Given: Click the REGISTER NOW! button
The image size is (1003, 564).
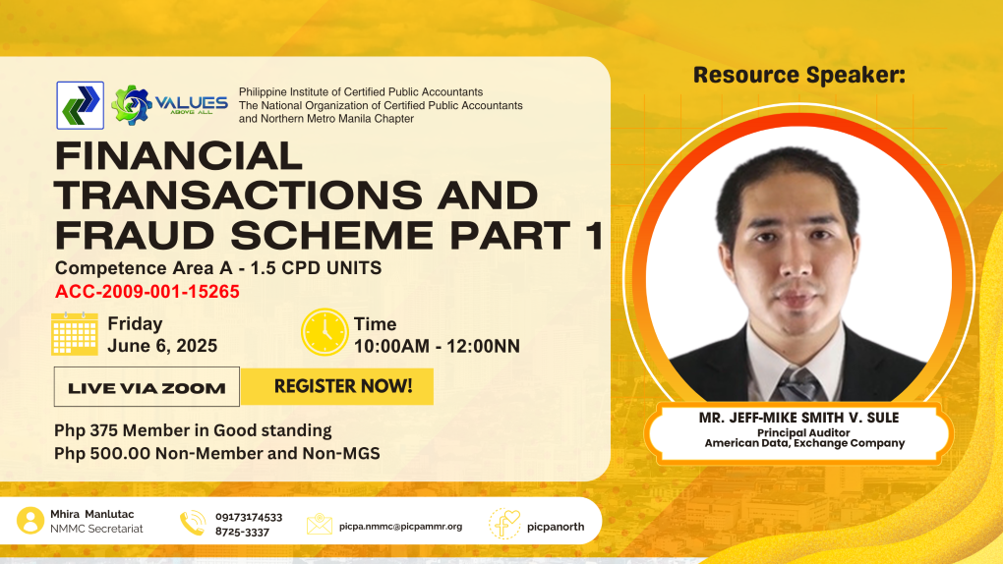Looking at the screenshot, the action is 337,386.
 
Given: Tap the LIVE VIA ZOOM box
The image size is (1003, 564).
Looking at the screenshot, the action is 147,387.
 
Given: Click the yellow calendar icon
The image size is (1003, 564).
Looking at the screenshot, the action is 74,333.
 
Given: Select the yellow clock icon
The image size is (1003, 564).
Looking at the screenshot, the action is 324,332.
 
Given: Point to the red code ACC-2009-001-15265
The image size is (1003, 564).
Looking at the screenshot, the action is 147,292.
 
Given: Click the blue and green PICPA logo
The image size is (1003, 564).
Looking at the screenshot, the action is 80,105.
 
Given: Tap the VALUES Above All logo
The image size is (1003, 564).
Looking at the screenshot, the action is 169,105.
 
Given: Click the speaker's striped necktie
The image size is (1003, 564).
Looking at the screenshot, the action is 797,385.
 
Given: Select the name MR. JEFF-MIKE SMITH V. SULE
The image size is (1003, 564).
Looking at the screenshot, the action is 798,418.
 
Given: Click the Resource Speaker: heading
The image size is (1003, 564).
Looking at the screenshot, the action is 798,75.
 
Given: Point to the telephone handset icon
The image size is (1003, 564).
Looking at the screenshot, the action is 193,523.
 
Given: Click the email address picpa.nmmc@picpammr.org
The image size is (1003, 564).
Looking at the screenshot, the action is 400,527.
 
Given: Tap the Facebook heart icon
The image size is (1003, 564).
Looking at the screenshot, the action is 504,524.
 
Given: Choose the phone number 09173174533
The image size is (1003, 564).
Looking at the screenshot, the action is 249,517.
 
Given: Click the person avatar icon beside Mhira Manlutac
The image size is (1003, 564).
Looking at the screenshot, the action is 30,521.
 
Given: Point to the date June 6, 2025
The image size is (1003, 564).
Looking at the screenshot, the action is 162,346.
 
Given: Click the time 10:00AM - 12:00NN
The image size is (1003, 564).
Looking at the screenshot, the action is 437,347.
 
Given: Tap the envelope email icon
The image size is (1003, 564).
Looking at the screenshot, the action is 320,524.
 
